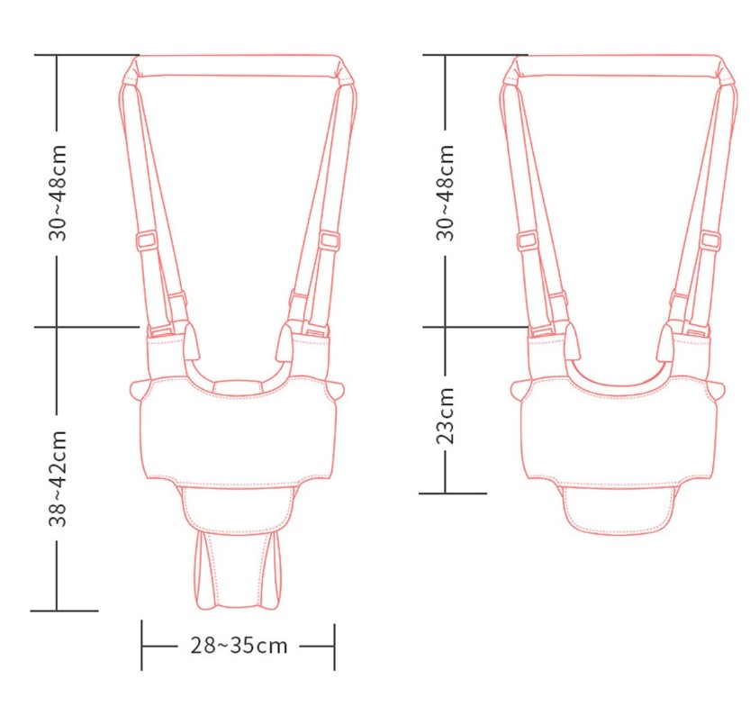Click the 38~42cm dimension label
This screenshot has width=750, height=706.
tap(58, 478)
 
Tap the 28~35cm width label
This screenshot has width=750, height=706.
tap(239, 646)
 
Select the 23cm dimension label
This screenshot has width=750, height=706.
tap(445, 416)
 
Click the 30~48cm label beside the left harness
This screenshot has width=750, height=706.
tap(58, 193)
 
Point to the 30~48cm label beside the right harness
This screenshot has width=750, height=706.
tap(445, 193)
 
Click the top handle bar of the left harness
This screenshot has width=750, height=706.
tap(238, 66)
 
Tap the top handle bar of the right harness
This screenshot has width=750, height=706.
tap(620, 66)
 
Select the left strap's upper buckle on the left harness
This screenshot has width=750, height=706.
tap(148, 240)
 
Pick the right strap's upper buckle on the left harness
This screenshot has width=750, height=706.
tap(330, 240)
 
